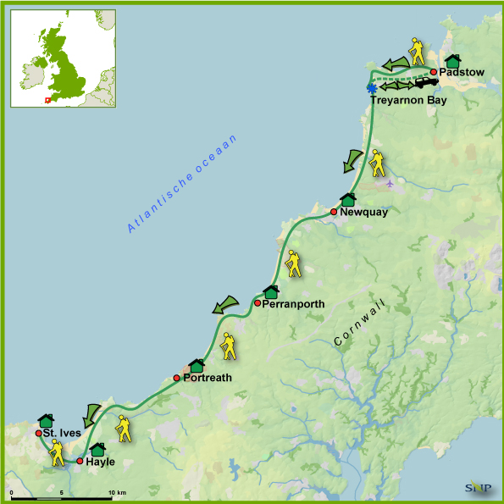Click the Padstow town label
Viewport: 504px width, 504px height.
462,73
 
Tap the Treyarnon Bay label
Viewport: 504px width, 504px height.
407,101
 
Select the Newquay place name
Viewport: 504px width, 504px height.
363,213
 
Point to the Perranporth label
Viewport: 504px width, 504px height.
293,303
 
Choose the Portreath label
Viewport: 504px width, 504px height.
208,378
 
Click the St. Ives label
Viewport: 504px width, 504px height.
64,434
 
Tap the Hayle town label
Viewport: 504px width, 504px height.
100,462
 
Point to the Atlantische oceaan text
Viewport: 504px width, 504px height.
183,184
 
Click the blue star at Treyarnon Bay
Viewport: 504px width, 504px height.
371,88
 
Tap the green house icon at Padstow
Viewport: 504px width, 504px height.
452,61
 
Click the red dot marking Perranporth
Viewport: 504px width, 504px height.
258,303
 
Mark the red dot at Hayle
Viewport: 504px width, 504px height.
80,462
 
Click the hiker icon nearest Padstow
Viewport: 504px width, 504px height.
416,52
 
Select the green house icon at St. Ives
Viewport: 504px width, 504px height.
46,421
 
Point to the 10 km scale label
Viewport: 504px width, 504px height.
117,492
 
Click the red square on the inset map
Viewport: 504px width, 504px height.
47,100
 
